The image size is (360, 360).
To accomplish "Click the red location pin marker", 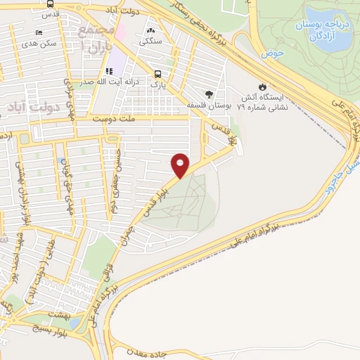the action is click(x=181, y=165).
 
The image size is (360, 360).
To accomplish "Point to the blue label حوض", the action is click(x=271, y=53).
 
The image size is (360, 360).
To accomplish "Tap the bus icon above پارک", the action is click(x=157, y=73).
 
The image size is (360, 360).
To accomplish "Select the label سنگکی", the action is click(x=150, y=41).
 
